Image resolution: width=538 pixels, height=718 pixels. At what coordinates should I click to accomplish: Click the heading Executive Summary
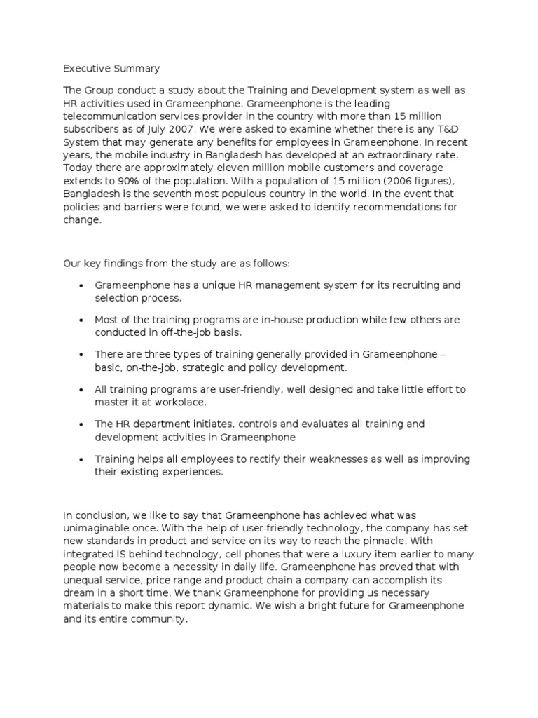(x=111, y=69)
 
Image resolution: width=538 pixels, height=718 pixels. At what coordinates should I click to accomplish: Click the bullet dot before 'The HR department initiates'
(x=83, y=425)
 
